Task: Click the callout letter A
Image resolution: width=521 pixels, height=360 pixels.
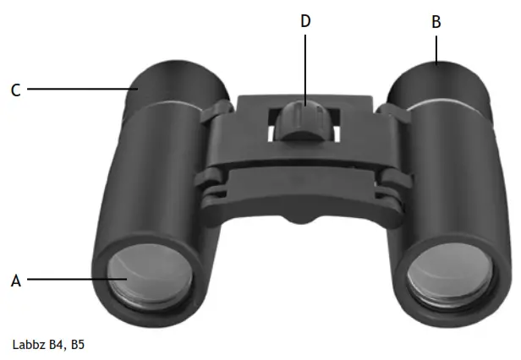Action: [x=15, y=281]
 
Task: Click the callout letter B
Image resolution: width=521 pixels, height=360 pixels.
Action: [x=436, y=22]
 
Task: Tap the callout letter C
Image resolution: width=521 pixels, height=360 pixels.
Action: [x=15, y=90]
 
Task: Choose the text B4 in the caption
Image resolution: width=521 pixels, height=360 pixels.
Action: [x=59, y=345]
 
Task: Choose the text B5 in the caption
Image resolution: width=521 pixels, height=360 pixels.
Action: [x=78, y=345]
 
